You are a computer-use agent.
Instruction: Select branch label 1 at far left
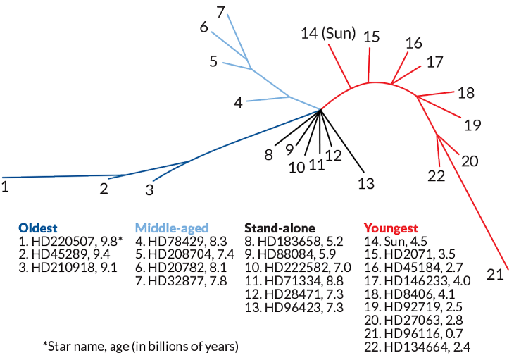pyautogui.click(x=5, y=187)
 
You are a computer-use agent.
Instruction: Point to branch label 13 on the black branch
pyautogui.click(x=365, y=184)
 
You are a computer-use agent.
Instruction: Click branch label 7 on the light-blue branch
pyautogui.click(x=220, y=11)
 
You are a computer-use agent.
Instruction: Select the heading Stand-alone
pyautogui.click(x=280, y=228)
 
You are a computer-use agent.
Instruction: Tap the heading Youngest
pyautogui.click(x=391, y=228)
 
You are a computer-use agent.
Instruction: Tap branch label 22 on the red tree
pyautogui.click(x=437, y=175)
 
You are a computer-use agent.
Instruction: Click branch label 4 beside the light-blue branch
pyautogui.click(x=239, y=103)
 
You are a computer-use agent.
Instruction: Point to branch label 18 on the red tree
pyautogui.click(x=466, y=92)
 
